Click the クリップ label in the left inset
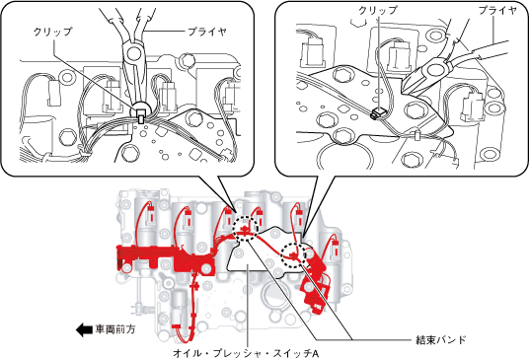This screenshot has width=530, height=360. point(52,32)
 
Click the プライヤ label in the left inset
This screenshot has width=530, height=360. point(207,32)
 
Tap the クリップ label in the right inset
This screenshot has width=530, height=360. point(378,10)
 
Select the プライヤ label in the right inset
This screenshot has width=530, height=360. point(497,11)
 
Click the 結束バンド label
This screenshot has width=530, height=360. point(441,339)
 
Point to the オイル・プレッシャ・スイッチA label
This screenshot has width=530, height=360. point(246,353)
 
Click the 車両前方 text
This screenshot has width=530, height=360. point(115,329)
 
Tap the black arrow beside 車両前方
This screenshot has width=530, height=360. point(84,329)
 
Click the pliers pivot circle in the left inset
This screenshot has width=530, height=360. point(133,52)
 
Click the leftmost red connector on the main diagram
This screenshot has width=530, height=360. point(151,214)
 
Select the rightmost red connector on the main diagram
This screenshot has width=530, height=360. point(336,249)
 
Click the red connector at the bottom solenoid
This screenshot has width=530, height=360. point(178,326)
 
